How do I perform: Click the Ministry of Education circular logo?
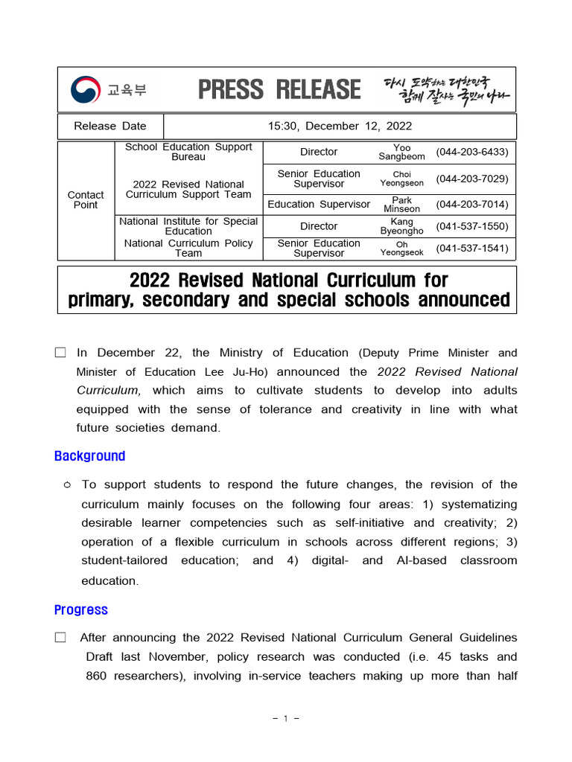click(x=86, y=90)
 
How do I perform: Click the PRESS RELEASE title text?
click(x=279, y=90)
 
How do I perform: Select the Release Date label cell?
click(x=110, y=126)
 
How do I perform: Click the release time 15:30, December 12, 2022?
click(x=340, y=126)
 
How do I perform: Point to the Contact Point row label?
click(x=86, y=199)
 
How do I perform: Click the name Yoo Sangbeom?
click(x=401, y=152)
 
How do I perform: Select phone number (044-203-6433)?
click(x=472, y=152)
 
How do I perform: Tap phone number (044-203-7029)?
click(x=472, y=179)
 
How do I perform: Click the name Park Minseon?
click(x=401, y=205)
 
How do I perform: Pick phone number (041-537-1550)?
click(x=472, y=226)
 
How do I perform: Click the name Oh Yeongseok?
click(x=401, y=248)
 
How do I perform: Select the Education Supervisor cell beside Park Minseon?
click(x=319, y=205)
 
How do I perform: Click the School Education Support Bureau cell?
click(x=188, y=152)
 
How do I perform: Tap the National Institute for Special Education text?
click(x=188, y=226)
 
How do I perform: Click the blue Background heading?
click(x=89, y=456)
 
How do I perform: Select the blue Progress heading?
click(x=80, y=610)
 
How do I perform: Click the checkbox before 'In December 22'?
click(x=60, y=353)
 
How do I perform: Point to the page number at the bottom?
click(x=286, y=719)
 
